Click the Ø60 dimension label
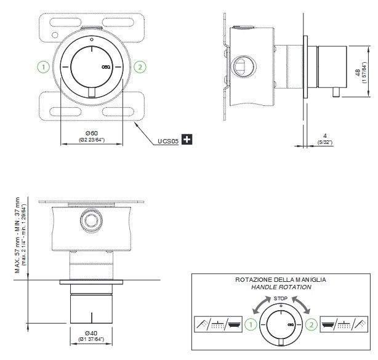click(x=92, y=134)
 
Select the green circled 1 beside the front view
click(x=42, y=66)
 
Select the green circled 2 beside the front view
click(x=140, y=66)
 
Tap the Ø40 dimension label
click(x=92, y=334)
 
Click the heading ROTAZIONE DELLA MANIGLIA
click(x=281, y=279)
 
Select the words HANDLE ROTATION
click(x=281, y=287)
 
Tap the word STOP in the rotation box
click(x=281, y=297)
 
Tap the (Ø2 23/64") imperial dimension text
click(x=92, y=140)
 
